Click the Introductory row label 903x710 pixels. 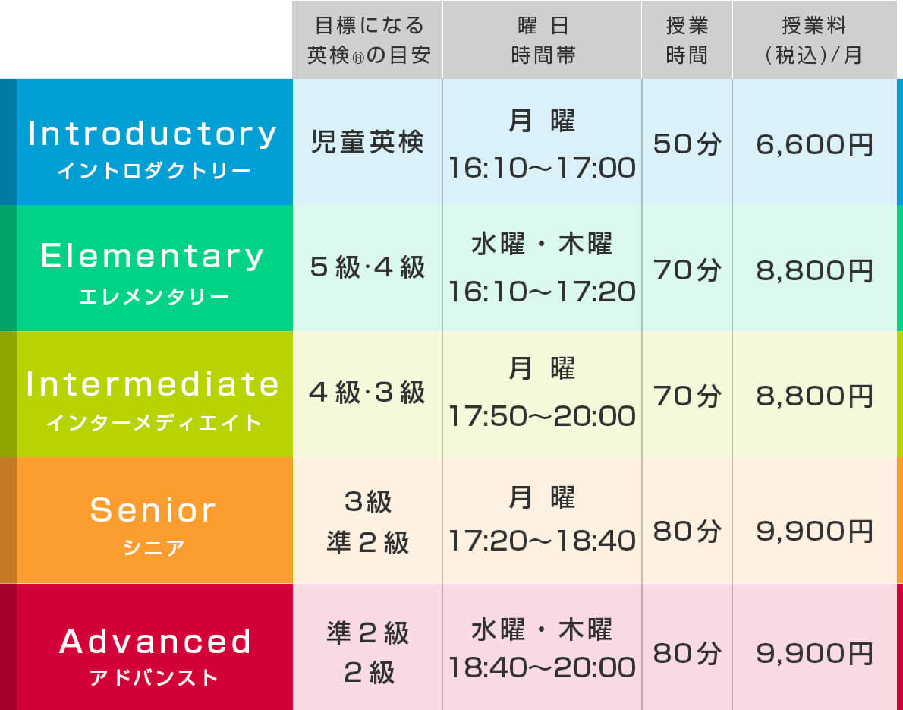pos(153,134)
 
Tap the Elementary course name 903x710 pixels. pos(153,257)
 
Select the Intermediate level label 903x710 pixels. pos(153,383)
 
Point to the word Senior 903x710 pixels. pos(153,510)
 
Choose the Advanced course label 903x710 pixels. pos(155,641)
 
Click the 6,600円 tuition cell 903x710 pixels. pos(815,144)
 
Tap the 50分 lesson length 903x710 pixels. pos(687,144)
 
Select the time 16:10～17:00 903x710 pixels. pos(542,168)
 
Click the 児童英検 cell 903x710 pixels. pos(367,142)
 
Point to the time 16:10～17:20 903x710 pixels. pos(542,292)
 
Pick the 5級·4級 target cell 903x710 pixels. pos(367,267)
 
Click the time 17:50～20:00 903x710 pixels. pos(542,416)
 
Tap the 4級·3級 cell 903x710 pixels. pos(367,393)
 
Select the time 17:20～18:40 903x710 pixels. pos(542,541)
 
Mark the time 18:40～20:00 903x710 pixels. pos(542,667)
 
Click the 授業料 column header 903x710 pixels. pos(813,40)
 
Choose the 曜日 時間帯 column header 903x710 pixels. pos(543,40)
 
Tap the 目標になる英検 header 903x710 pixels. pos(369,40)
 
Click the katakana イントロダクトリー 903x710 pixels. pos(154,171)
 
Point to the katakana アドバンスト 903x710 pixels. pos(154,677)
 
